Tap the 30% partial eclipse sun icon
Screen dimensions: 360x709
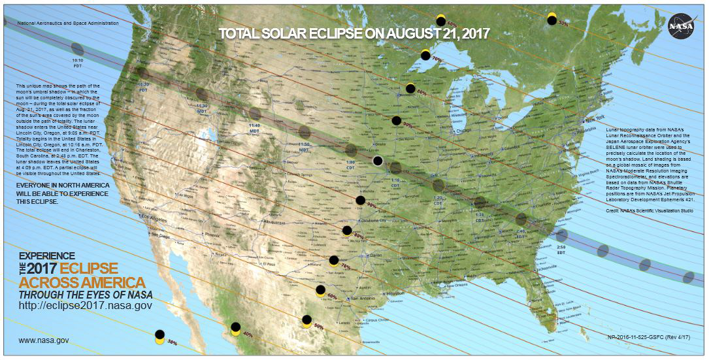coord(159,336)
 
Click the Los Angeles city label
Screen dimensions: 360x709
coord(154,218)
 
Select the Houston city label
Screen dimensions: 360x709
coord(395,294)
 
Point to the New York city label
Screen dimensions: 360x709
coord(595,120)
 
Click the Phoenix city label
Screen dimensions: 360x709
coord(214,234)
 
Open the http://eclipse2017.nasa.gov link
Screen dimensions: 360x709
coord(86,305)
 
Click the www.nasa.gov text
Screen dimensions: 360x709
coord(44,340)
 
